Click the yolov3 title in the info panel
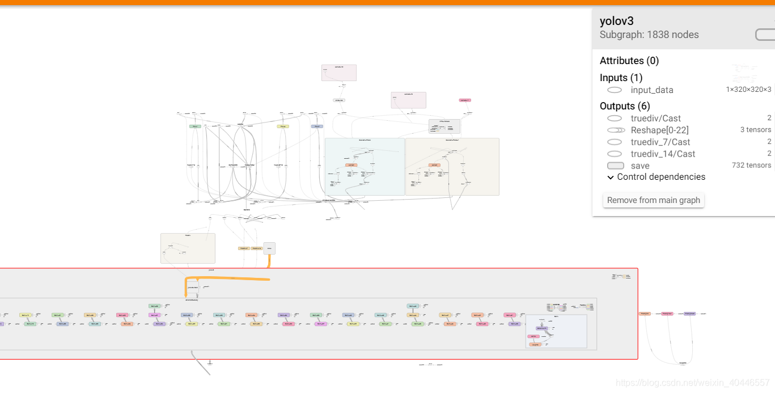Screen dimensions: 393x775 [617, 21]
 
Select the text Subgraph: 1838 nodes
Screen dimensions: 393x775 [649, 35]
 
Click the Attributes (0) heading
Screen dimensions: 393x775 [629, 61]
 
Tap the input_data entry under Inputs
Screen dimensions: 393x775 [652, 90]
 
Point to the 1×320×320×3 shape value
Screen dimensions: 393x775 [748, 90]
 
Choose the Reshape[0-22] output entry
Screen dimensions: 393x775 [659, 130]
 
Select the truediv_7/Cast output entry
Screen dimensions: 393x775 [660, 142]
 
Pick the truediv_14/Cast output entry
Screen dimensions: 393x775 [663, 154]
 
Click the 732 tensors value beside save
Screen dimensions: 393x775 [751, 166]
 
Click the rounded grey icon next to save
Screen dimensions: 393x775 [615, 166]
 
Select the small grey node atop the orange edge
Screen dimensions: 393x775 [269, 248]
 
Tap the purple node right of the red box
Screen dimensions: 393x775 [689, 313]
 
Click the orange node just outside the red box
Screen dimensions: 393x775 [645, 313]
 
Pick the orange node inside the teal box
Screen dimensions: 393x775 [351, 165]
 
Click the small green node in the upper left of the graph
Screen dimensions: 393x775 [195, 126]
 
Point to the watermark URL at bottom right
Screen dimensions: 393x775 [693, 383]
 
